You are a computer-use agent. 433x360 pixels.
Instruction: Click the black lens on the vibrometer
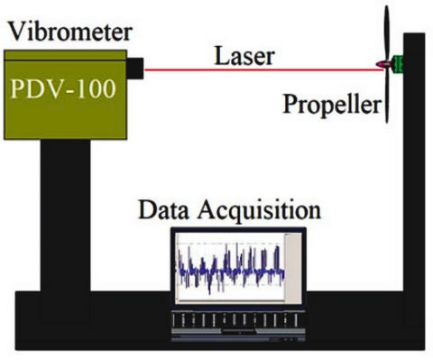click(x=134, y=68)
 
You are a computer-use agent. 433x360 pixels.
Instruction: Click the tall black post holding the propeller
click(x=414, y=180)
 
